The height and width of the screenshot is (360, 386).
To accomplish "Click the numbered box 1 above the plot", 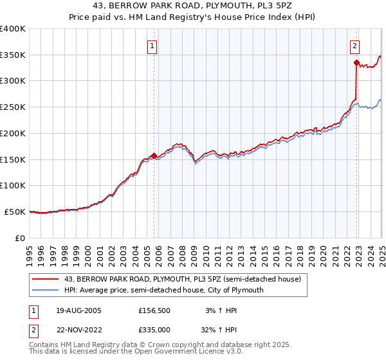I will tap(152, 46).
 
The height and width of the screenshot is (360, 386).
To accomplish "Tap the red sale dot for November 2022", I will tap(356, 62).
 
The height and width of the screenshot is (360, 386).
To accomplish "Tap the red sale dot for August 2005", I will tap(154, 156).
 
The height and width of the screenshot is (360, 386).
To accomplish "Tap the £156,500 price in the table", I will tap(154, 311).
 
